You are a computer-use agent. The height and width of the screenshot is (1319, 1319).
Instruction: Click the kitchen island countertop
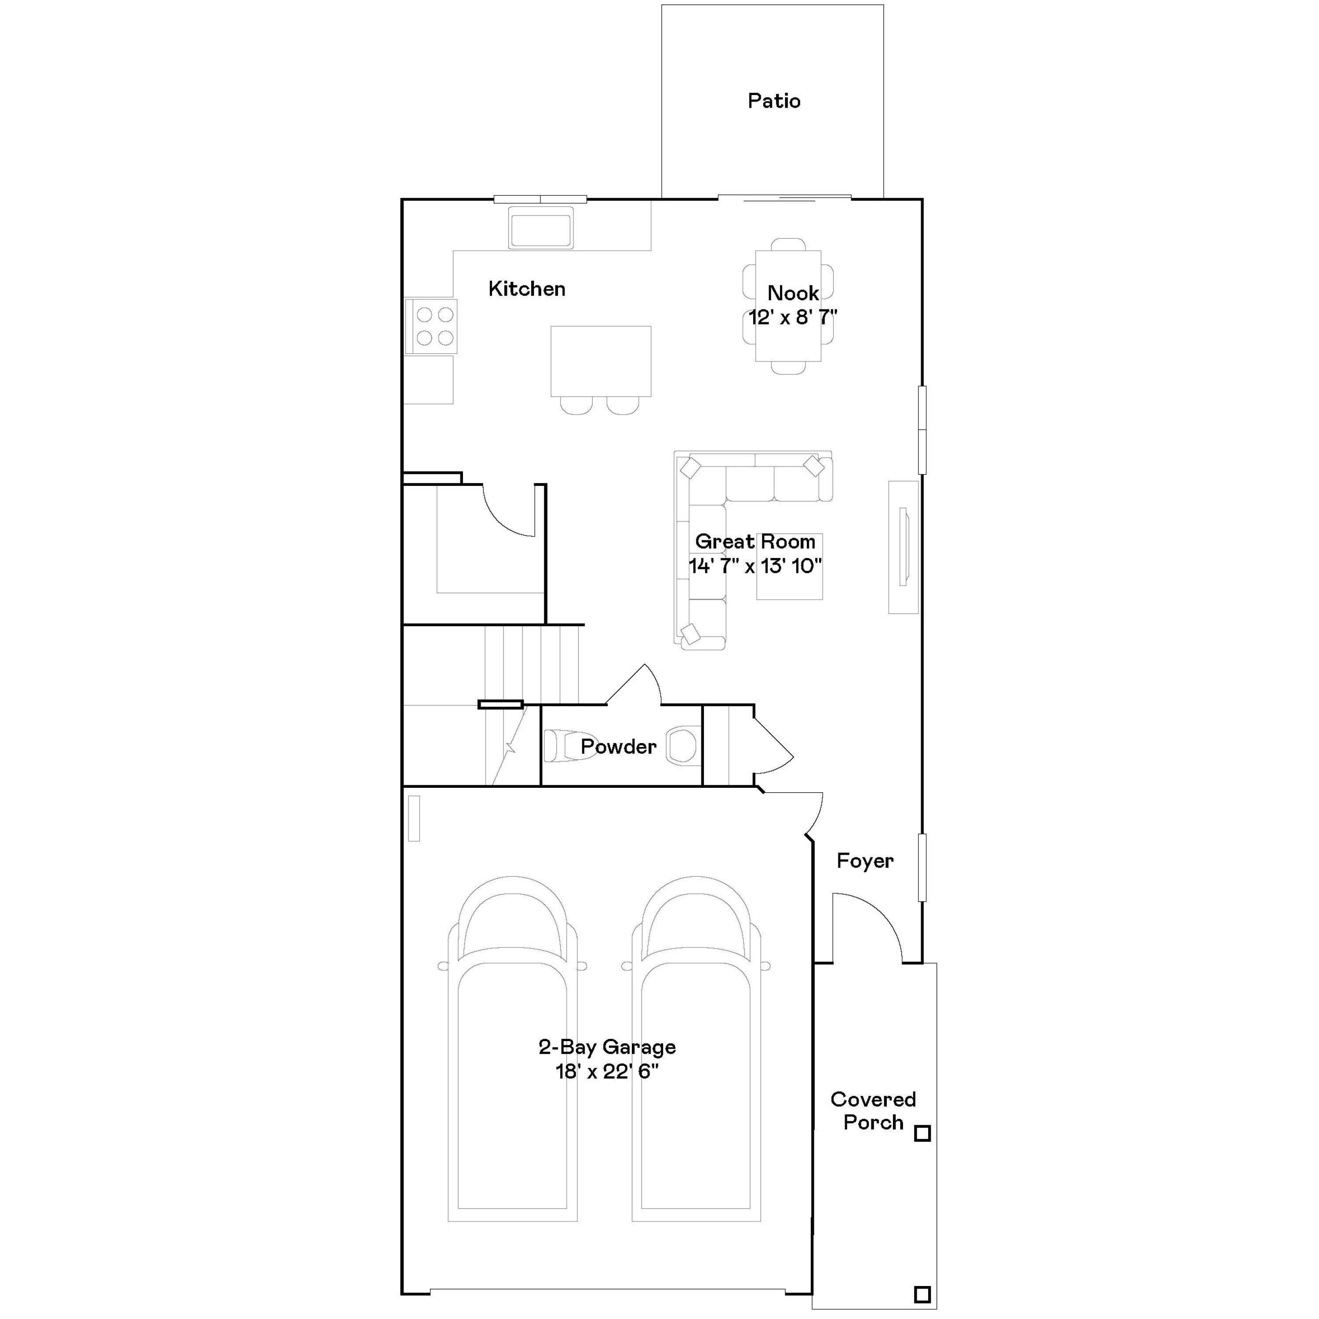click(x=601, y=361)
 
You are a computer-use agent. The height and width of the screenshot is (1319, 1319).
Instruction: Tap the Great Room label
click(x=755, y=541)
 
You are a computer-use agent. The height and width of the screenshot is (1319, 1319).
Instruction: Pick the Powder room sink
click(x=681, y=745)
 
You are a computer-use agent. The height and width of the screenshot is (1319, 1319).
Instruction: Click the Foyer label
click(x=864, y=861)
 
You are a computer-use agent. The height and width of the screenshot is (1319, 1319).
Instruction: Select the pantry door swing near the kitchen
click(x=509, y=512)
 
